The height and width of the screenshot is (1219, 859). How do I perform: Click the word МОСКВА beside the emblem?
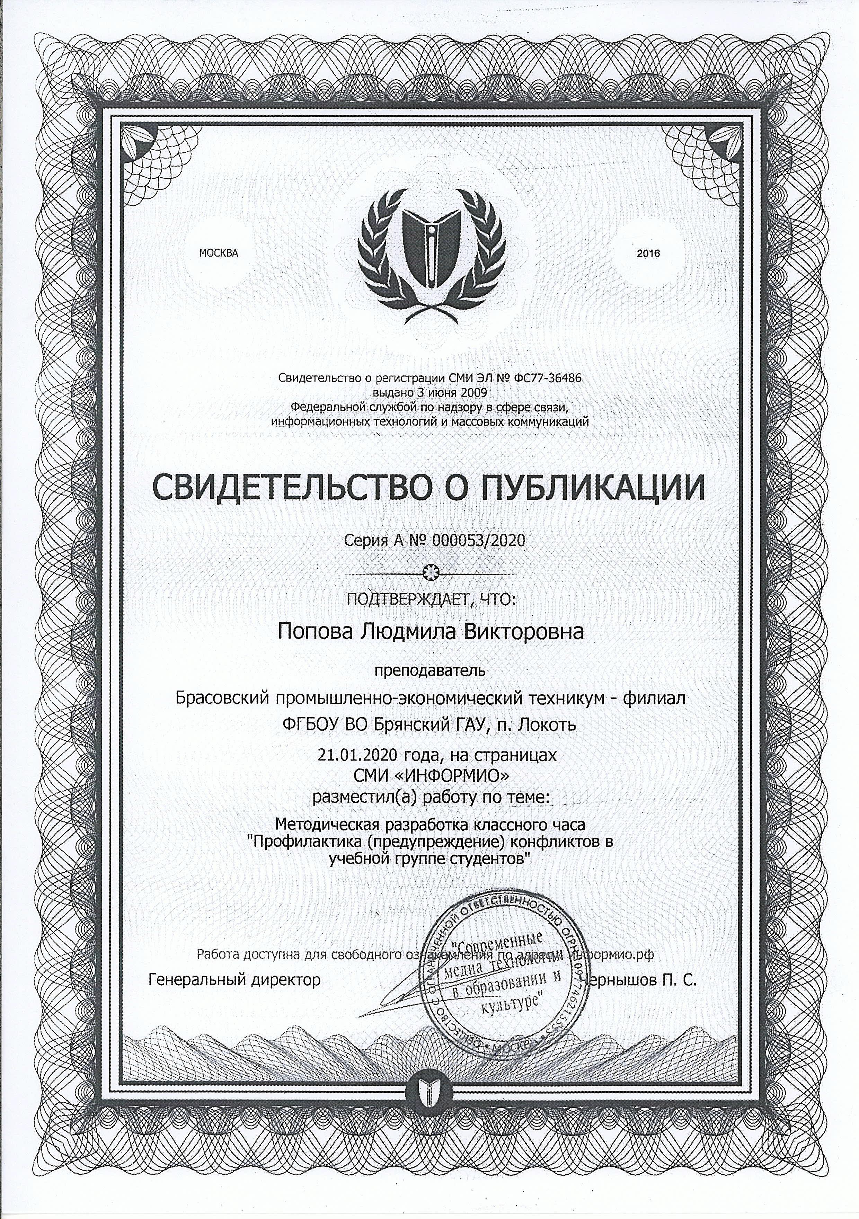[x=219, y=253]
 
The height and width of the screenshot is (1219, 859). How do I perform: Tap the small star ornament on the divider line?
[x=429, y=572]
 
